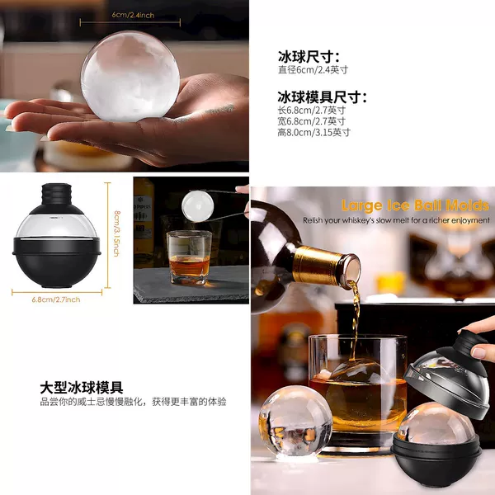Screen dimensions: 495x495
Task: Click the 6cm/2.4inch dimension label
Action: click(x=133, y=15)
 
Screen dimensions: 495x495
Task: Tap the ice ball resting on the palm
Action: click(x=130, y=77)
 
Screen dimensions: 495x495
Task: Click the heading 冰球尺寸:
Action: click(x=309, y=57)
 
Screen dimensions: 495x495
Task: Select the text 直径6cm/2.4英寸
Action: click(x=313, y=69)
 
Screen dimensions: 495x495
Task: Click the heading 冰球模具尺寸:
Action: click(x=323, y=97)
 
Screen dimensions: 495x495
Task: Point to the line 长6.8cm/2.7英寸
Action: click(x=312, y=111)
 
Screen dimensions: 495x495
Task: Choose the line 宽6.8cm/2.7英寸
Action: click(x=312, y=121)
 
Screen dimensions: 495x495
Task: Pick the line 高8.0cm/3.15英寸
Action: click(x=314, y=132)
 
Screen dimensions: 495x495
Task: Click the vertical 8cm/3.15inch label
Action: click(x=117, y=233)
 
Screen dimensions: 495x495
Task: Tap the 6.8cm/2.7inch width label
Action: click(x=56, y=299)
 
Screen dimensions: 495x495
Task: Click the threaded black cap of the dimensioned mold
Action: click(x=57, y=194)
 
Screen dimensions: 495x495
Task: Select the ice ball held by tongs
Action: click(x=198, y=205)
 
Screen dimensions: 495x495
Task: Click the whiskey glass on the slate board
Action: click(x=189, y=257)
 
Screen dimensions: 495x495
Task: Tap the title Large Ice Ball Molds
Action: click(x=415, y=205)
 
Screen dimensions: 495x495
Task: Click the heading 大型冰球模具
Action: click(x=82, y=388)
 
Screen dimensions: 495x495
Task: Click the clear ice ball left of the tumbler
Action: click(x=295, y=421)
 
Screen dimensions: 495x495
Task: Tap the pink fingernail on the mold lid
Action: click(x=479, y=352)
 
